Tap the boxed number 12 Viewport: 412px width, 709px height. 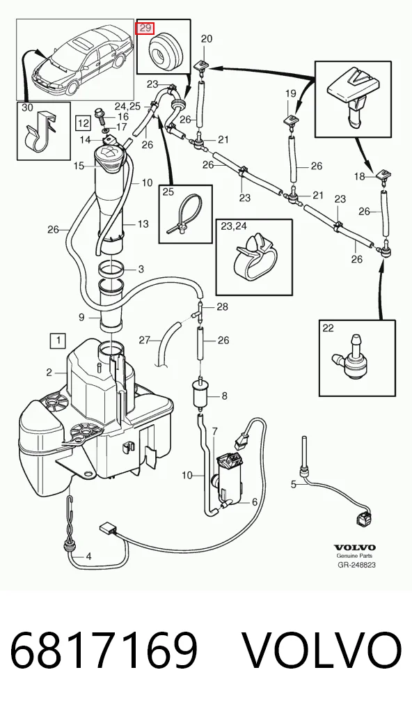tap(83, 122)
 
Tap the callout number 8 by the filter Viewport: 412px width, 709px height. tap(225, 396)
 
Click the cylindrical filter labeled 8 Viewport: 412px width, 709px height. tap(199, 393)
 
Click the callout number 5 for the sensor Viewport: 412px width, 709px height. tap(294, 484)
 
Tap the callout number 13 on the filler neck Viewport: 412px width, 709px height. tap(143, 224)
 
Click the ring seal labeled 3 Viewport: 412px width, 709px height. tap(111, 270)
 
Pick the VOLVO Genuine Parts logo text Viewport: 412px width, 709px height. tap(356, 551)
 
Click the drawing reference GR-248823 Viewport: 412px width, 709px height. tap(356, 565)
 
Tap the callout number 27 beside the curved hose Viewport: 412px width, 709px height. tap(144, 340)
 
